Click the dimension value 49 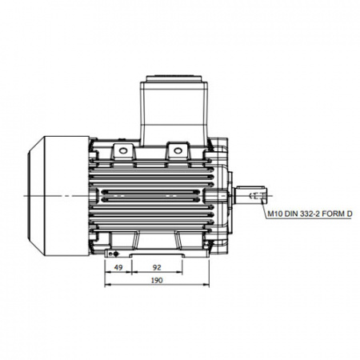118,267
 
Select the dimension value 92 157,267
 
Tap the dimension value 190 157,280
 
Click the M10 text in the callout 275,214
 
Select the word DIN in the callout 291,214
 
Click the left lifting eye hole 122,151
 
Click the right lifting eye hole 178,151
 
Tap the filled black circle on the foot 115,254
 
